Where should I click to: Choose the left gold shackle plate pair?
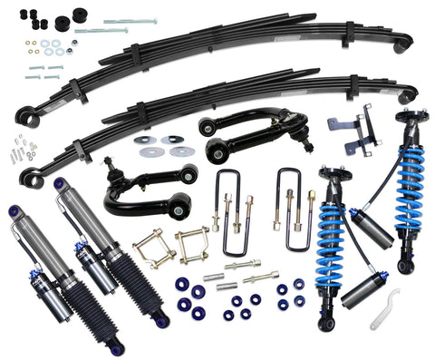[x=150, y=248]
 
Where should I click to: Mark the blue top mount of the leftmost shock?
[x=15, y=214]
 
